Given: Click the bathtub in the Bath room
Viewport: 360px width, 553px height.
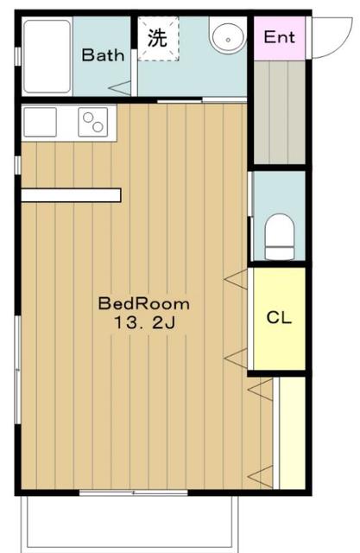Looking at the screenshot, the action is pyautogui.click(x=47, y=56).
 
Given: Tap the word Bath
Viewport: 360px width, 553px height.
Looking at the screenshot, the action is pyautogui.click(x=103, y=55).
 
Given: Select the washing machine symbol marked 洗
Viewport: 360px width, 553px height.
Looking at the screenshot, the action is pyautogui.click(x=158, y=39).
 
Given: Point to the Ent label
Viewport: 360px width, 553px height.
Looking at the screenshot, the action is pyautogui.click(x=280, y=37).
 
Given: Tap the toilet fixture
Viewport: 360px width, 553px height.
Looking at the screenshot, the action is pyautogui.click(x=280, y=237).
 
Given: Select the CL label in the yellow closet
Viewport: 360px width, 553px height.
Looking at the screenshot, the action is pyautogui.click(x=279, y=318).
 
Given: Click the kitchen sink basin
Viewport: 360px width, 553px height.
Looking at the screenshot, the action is pyautogui.click(x=40, y=122).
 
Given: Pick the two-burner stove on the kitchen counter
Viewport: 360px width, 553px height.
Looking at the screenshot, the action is pyautogui.click(x=93, y=122).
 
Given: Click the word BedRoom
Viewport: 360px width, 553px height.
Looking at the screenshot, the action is pyautogui.click(x=143, y=303).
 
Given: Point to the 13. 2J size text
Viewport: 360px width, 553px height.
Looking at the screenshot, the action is pyautogui.click(x=144, y=322).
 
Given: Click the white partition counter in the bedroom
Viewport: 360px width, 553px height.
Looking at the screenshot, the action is pyautogui.click(x=71, y=195).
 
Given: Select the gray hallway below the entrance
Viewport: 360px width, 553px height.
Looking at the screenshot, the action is pyautogui.click(x=280, y=112).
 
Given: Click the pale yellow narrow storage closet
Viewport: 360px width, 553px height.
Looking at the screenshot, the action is pyautogui.click(x=292, y=433).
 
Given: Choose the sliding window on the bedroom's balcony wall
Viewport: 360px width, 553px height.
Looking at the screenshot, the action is pyautogui.click(x=134, y=493).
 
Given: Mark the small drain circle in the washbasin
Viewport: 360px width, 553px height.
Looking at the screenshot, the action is pyautogui.click(x=228, y=40).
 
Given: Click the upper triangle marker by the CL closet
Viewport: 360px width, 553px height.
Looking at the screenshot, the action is pyautogui.click(x=236, y=279).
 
